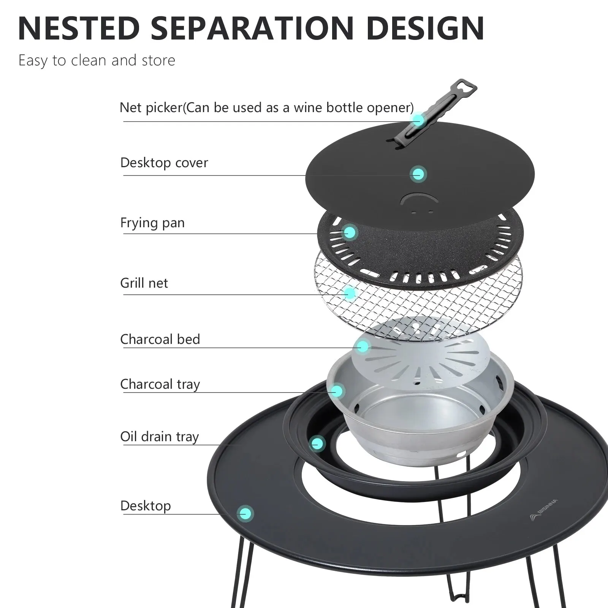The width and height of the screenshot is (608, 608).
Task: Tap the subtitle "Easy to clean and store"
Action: pos(97,60)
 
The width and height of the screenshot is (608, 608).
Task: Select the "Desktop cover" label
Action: pos(164,163)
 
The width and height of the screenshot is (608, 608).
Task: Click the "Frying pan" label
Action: pos(152,223)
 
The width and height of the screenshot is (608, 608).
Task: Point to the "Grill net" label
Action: pos(144,283)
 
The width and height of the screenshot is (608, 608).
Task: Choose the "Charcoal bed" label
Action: pos(160,339)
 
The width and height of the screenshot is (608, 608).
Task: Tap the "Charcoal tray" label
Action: pos(160,384)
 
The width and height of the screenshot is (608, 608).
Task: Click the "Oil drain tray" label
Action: pos(160,437)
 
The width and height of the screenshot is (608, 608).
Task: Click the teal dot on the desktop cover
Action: pos(418,174)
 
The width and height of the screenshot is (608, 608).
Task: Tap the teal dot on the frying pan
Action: pos(350,232)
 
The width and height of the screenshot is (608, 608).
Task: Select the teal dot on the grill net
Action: pos(350,293)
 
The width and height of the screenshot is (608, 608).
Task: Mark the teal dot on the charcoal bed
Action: pos(363,346)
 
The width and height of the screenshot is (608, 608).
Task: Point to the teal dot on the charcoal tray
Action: pos(337,391)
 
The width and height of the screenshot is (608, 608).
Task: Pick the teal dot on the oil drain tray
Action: pos(317,443)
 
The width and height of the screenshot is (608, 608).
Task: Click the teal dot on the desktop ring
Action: pos(245,514)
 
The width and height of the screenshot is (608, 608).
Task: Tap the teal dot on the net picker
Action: pos(418,120)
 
